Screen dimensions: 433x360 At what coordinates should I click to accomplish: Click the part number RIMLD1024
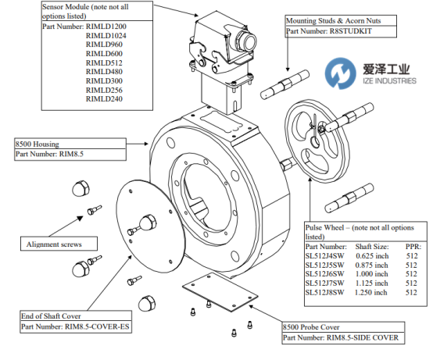coord(106,36)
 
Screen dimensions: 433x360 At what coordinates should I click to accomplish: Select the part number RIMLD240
coord(104,99)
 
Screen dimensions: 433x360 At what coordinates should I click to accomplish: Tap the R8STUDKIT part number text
coord(351,31)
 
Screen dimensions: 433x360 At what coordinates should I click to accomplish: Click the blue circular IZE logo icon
coord(340,73)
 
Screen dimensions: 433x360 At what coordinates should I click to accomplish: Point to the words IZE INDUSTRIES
coord(389,81)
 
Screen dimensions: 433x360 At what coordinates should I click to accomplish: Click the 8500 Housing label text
coord(38,144)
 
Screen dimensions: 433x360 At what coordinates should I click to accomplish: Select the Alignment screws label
coord(54,244)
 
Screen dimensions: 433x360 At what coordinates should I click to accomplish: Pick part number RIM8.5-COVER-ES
coord(97,326)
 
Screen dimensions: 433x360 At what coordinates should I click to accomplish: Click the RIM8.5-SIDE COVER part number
coord(363,337)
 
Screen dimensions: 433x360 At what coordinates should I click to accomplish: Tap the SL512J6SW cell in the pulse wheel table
coord(325,274)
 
